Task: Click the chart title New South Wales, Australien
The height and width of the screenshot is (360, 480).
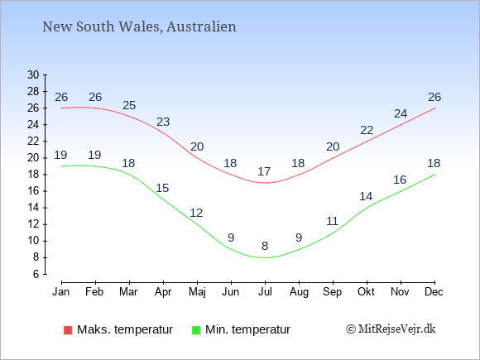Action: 139,26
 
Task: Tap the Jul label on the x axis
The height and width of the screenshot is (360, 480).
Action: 265,292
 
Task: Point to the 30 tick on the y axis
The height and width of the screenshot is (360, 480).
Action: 33,74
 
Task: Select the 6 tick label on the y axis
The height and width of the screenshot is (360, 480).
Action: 36,274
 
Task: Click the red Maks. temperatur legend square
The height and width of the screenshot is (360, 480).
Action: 68,330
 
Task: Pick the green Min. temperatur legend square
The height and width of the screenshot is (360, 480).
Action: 196,330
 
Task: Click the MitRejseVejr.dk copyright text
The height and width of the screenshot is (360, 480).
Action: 391,329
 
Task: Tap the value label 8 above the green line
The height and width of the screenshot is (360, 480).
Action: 265,246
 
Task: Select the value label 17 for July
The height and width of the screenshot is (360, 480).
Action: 264,171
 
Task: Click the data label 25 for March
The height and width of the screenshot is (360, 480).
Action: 129,105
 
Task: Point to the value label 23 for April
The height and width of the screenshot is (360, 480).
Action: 163,122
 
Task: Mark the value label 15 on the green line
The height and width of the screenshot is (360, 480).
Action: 162,188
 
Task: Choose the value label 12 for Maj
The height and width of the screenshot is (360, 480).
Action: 196,213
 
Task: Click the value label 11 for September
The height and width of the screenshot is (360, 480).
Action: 332,221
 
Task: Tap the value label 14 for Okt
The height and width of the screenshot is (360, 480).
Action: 366,196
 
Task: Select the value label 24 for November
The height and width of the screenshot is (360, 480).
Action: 401,113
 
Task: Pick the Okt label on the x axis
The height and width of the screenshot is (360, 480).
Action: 366,292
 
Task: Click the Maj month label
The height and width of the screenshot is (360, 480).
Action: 197,292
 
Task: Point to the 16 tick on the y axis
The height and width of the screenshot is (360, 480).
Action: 33,191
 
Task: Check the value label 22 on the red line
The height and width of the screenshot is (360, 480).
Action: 367,130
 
